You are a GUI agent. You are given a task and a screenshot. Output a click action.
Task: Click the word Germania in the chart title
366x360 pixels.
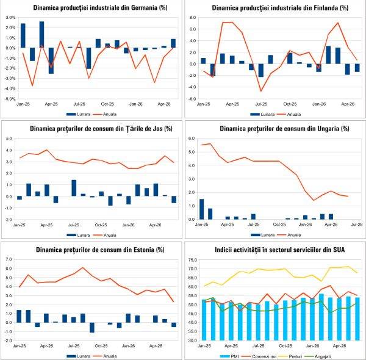coord(144,7)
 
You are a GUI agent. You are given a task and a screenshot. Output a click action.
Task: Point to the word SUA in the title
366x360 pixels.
coord(339,250)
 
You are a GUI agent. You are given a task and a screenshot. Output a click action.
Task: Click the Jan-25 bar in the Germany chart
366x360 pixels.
coord(23,35)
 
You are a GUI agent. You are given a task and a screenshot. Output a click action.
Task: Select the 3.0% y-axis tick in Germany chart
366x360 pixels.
coord(10,18)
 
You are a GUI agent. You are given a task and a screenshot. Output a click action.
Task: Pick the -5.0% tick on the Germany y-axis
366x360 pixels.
coord(10,99)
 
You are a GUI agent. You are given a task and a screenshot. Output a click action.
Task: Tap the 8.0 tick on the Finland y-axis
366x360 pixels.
coord(193,18)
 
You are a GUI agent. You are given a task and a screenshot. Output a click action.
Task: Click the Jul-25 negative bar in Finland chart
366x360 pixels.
coord(260,70)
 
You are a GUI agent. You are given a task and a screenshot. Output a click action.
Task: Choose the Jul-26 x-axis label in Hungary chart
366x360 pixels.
coord(357,225)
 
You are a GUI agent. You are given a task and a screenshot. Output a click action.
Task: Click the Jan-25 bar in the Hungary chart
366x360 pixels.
coord(202,209)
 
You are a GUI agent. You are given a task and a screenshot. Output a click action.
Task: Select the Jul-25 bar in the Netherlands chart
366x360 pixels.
coord(74,188)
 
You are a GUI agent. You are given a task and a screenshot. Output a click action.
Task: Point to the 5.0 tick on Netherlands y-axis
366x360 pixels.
coord(9,139)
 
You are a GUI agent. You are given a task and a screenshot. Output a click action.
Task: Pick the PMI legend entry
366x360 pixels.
coord(229,356)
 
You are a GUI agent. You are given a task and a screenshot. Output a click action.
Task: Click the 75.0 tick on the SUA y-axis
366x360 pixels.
coord(192,260)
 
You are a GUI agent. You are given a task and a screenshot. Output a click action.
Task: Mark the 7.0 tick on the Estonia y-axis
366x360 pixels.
coord(9,259)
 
